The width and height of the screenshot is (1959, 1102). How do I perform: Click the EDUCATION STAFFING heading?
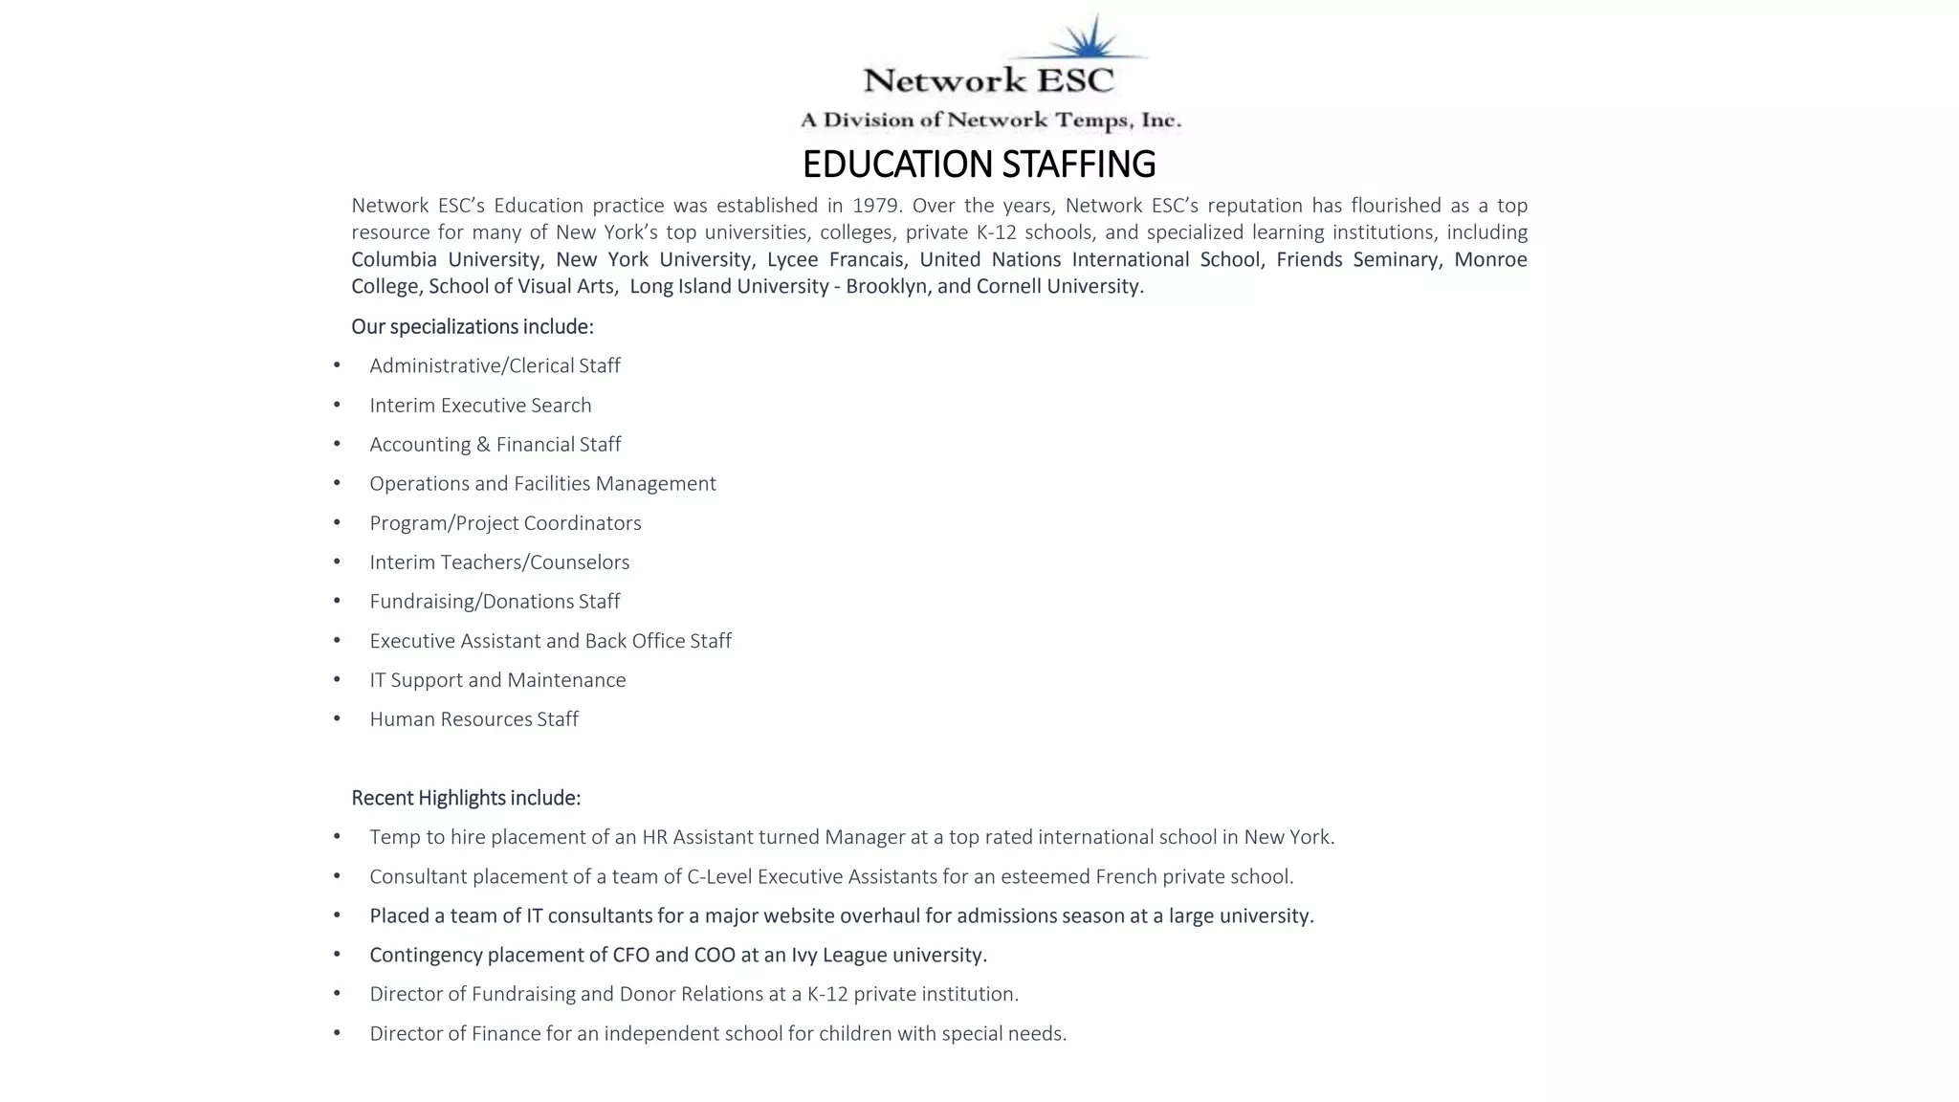click(979, 165)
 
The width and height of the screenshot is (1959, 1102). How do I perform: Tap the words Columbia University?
click(445, 259)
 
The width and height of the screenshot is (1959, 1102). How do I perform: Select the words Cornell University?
click(1058, 286)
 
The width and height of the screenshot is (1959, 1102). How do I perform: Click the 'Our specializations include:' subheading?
click(472, 327)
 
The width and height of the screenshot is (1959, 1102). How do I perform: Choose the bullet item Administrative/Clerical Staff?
click(495, 365)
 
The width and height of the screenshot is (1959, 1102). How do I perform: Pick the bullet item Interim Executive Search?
click(480, 405)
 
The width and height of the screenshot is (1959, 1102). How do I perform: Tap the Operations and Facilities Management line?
click(542, 484)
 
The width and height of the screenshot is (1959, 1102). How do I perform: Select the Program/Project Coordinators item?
click(505, 523)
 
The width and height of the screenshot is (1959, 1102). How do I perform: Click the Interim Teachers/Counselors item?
click(499, 562)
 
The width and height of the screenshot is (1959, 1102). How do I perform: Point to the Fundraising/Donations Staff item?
click(495, 602)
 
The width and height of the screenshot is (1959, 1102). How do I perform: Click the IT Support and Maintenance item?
click(497, 680)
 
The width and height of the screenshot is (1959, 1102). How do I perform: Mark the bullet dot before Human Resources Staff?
click(337, 718)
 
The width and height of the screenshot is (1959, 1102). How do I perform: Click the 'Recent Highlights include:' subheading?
click(466, 798)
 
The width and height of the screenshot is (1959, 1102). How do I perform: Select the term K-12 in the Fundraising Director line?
click(827, 994)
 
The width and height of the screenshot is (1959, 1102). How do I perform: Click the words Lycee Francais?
click(835, 259)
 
